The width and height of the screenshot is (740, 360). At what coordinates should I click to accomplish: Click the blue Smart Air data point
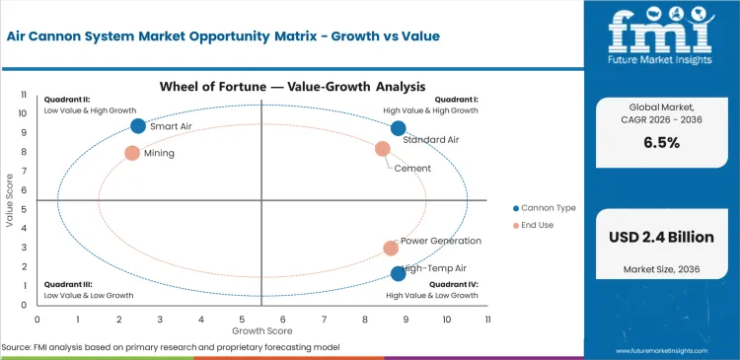click(138, 125)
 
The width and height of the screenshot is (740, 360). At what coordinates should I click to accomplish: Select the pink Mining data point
click(132, 153)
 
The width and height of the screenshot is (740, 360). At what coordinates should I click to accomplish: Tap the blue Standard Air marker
click(399, 128)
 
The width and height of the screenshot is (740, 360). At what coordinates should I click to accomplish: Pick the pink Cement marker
click(383, 149)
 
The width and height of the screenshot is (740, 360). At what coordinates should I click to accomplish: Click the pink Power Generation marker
click(391, 249)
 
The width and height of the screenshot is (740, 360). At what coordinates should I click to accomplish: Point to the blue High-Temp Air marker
click(399, 273)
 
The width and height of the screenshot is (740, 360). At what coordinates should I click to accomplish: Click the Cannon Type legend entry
click(545, 208)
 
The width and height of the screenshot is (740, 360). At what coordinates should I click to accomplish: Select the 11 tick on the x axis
click(487, 320)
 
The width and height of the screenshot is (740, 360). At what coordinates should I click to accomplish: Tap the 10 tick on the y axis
click(24, 113)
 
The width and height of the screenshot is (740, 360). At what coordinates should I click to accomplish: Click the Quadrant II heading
click(67, 100)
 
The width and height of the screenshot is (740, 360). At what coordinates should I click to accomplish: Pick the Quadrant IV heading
click(454, 284)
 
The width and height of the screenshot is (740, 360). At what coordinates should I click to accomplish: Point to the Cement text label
click(412, 169)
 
